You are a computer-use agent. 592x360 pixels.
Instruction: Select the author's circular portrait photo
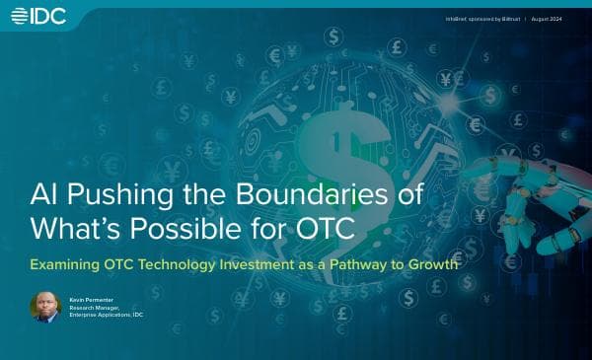[x=45, y=307]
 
